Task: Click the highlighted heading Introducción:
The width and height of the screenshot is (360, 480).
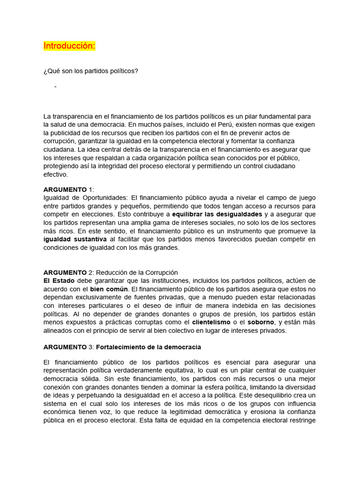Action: (x=69, y=46)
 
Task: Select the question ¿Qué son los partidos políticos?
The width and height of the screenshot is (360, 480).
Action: (x=91, y=71)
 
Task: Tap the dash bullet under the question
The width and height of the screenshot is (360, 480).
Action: (x=56, y=87)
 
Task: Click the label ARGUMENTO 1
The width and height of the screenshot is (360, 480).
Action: (x=68, y=189)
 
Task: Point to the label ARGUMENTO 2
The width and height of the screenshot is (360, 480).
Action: (x=68, y=272)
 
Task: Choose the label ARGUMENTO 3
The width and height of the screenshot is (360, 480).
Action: (x=68, y=347)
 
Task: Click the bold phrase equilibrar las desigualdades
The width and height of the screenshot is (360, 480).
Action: (x=217, y=214)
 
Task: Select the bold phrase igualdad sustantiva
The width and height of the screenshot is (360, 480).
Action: (x=75, y=240)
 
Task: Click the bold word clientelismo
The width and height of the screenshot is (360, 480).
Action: (x=211, y=322)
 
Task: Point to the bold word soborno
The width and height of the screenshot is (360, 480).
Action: (x=261, y=322)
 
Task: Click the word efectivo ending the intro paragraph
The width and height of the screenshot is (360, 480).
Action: (x=56, y=174)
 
